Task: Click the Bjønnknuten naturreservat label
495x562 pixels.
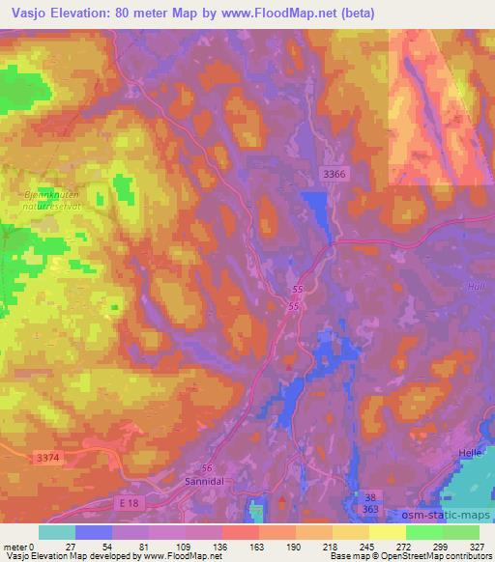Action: (47, 198)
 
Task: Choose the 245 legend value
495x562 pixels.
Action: (369, 546)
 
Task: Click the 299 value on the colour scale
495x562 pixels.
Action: (442, 546)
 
